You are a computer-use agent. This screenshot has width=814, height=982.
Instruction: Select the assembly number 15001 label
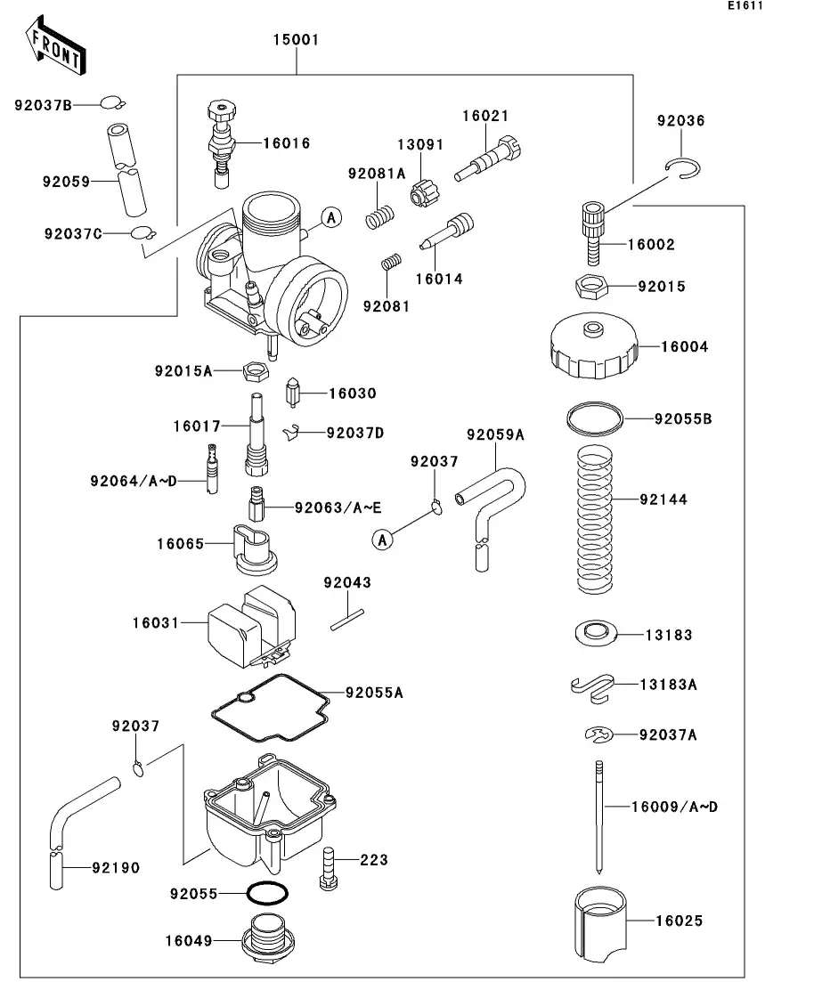point(296,40)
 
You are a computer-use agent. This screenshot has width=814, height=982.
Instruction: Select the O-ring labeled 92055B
point(595,416)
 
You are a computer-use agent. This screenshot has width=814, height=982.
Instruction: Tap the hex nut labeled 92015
point(591,288)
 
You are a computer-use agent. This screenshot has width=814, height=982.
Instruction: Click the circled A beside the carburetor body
point(330,218)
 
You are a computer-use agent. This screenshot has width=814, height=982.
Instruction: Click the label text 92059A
point(495,434)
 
